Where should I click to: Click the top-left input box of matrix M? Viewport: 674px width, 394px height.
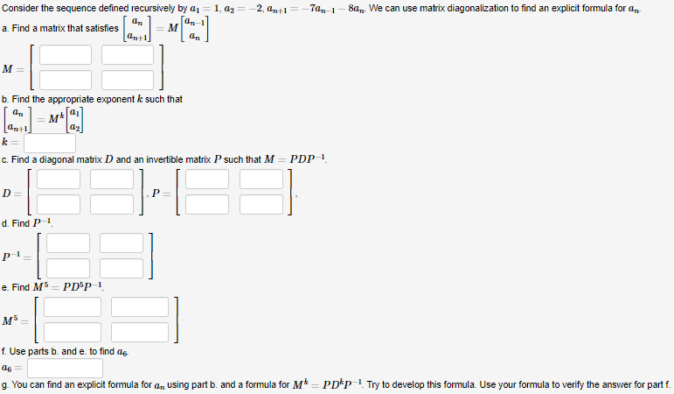coord(65,54)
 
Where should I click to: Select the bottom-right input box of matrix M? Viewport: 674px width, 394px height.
coord(127,80)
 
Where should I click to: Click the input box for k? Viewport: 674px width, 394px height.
coord(50,143)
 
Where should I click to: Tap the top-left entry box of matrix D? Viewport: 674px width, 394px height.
coord(59,179)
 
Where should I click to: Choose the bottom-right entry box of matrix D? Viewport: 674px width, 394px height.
coord(115,204)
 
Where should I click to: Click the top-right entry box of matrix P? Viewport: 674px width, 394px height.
coord(261,179)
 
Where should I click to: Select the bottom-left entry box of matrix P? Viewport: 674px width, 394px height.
coord(207,204)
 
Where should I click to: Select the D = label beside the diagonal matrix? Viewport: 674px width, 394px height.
coord(11,192)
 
